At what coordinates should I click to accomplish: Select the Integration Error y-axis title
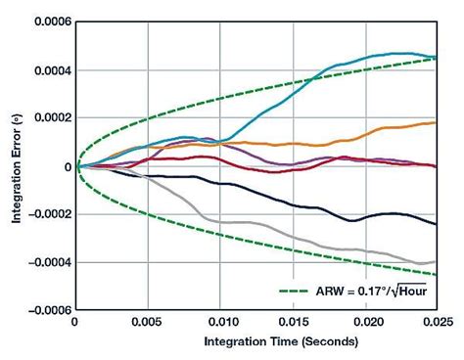(17, 166)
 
